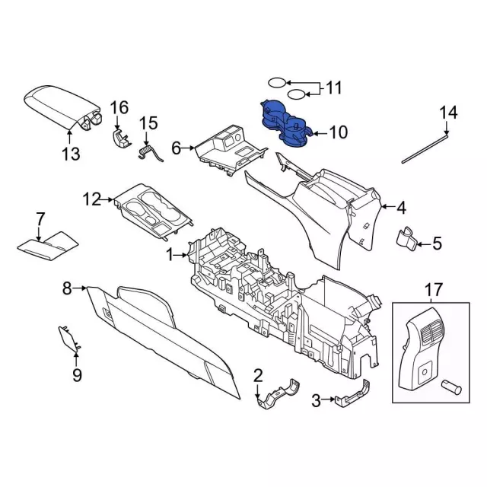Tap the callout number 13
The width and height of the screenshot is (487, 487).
(x=70, y=155)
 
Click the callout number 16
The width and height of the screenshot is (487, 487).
(x=119, y=107)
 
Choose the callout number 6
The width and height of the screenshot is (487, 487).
(x=177, y=149)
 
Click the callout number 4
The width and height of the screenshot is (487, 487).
(x=401, y=206)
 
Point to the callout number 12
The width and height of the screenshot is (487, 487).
(x=92, y=200)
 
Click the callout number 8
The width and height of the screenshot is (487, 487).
(x=67, y=288)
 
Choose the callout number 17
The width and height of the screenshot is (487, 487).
(x=432, y=290)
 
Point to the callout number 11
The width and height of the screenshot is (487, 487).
(x=334, y=88)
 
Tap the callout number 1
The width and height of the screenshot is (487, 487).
(x=171, y=255)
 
